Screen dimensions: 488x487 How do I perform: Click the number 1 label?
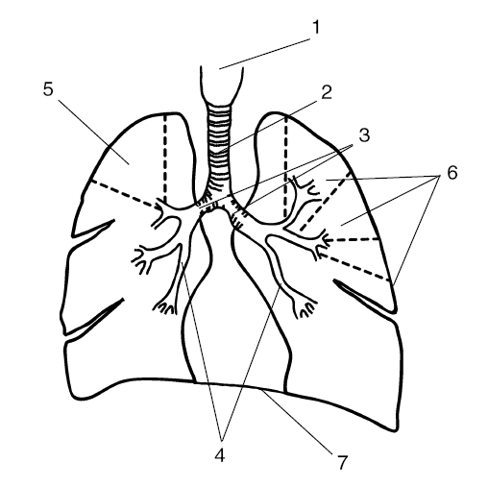pyautogui.click(x=316, y=27)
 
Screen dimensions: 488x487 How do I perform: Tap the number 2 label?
pyautogui.click(x=327, y=92)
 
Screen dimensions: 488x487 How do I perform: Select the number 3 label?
pyautogui.click(x=364, y=135)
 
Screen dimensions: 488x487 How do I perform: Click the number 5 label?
pyautogui.click(x=48, y=89)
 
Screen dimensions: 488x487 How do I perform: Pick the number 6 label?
pyautogui.click(x=451, y=173)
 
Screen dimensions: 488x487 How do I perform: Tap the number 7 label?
pyautogui.click(x=342, y=462)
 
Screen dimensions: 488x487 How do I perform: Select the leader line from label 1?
pyautogui.click(x=265, y=54)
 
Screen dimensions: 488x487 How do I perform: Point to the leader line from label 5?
pyautogui.click(x=94, y=133)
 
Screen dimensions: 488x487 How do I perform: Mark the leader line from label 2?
pyautogui.click(x=266, y=126)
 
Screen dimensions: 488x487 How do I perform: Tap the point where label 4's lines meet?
pyautogui.click(x=222, y=438)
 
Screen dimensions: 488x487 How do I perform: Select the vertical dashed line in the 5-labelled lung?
pyautogui.click(x=165, y=158)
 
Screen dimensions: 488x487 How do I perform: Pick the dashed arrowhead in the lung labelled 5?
pyautogui.click(x=158, y=207)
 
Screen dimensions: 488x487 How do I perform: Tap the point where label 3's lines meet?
pyautogui.click(x=352, y=146)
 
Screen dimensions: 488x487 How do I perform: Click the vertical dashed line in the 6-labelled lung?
pyautogui.click(x=285, y=167)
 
